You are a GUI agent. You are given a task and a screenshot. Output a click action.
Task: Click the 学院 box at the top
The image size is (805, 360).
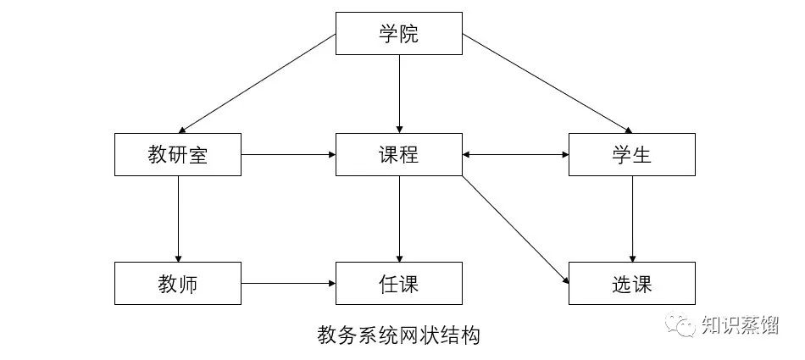(x=399, y=35)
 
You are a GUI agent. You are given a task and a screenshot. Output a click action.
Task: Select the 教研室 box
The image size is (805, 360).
(x=177, y=155)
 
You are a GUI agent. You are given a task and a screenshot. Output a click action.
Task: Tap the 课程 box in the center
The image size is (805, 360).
(x=399, y=155)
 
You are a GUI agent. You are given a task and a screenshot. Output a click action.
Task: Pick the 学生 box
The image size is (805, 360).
(x=632, y=155)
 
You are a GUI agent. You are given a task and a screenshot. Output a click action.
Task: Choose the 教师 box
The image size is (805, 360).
(x=177, y=283)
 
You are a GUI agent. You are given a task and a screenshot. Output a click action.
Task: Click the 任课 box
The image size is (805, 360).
(x=399, y=283)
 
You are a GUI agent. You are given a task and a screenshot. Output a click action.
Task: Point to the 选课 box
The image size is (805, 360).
(x=632, y=283)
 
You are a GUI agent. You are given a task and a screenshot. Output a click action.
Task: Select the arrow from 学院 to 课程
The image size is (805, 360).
(x=399, y=93)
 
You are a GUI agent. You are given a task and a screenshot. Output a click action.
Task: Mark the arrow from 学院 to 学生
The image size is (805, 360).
(x=547, y=84)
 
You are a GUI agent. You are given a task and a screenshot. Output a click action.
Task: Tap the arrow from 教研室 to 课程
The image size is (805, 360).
(x=288, y=155)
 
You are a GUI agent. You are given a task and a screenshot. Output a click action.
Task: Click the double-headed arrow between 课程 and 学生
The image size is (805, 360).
(x=515, y=155)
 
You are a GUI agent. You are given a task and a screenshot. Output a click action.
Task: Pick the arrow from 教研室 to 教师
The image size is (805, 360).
(x=178, y=219)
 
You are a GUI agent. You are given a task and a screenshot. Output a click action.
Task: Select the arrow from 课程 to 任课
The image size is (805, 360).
(x=399, y=219)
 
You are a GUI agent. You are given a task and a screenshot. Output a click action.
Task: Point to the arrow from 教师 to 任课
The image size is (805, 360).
(x=288, y=283)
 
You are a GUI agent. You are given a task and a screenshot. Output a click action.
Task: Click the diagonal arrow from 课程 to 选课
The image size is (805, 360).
(x=514, y=228)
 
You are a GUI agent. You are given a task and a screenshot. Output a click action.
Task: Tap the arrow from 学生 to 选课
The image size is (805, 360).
(x=632, y=219)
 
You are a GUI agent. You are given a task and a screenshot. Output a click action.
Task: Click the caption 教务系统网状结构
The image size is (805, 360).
(x=398, y=335)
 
